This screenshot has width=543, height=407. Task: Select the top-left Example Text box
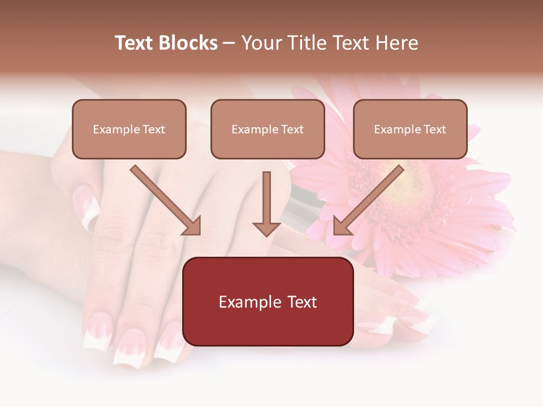[129, 129]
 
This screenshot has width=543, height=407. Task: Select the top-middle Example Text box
[268, 129]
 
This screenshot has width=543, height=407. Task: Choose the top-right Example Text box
[410, 129]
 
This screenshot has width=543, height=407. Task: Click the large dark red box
[268, 301]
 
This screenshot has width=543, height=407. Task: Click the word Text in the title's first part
[135, 43]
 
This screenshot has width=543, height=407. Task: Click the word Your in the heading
[261, 43]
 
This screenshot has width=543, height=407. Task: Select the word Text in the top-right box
[434, 129]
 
